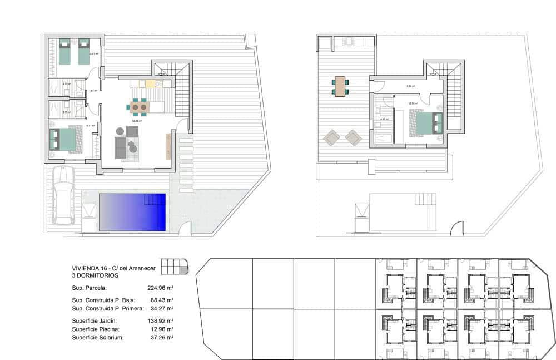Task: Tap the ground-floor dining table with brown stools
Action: pyautogui.click(x=139, y=106)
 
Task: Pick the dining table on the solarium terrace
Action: pyautogui.click(x=340, y=86)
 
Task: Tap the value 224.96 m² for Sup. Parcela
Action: pyautogui.click(x=161, y=288)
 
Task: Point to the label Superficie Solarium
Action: pyautogui.click(x=98, y=338)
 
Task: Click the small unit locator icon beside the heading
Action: pyautogui.click(x=175, y=267)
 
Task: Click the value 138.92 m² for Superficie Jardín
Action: pyautogui.click(x=161, y=321)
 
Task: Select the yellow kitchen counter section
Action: pyautogui.click(x=150, y=84)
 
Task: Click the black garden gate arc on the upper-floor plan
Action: pyautogui.click(x=457, y=229)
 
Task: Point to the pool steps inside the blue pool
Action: pyautogui.click(x=155, y=199)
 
